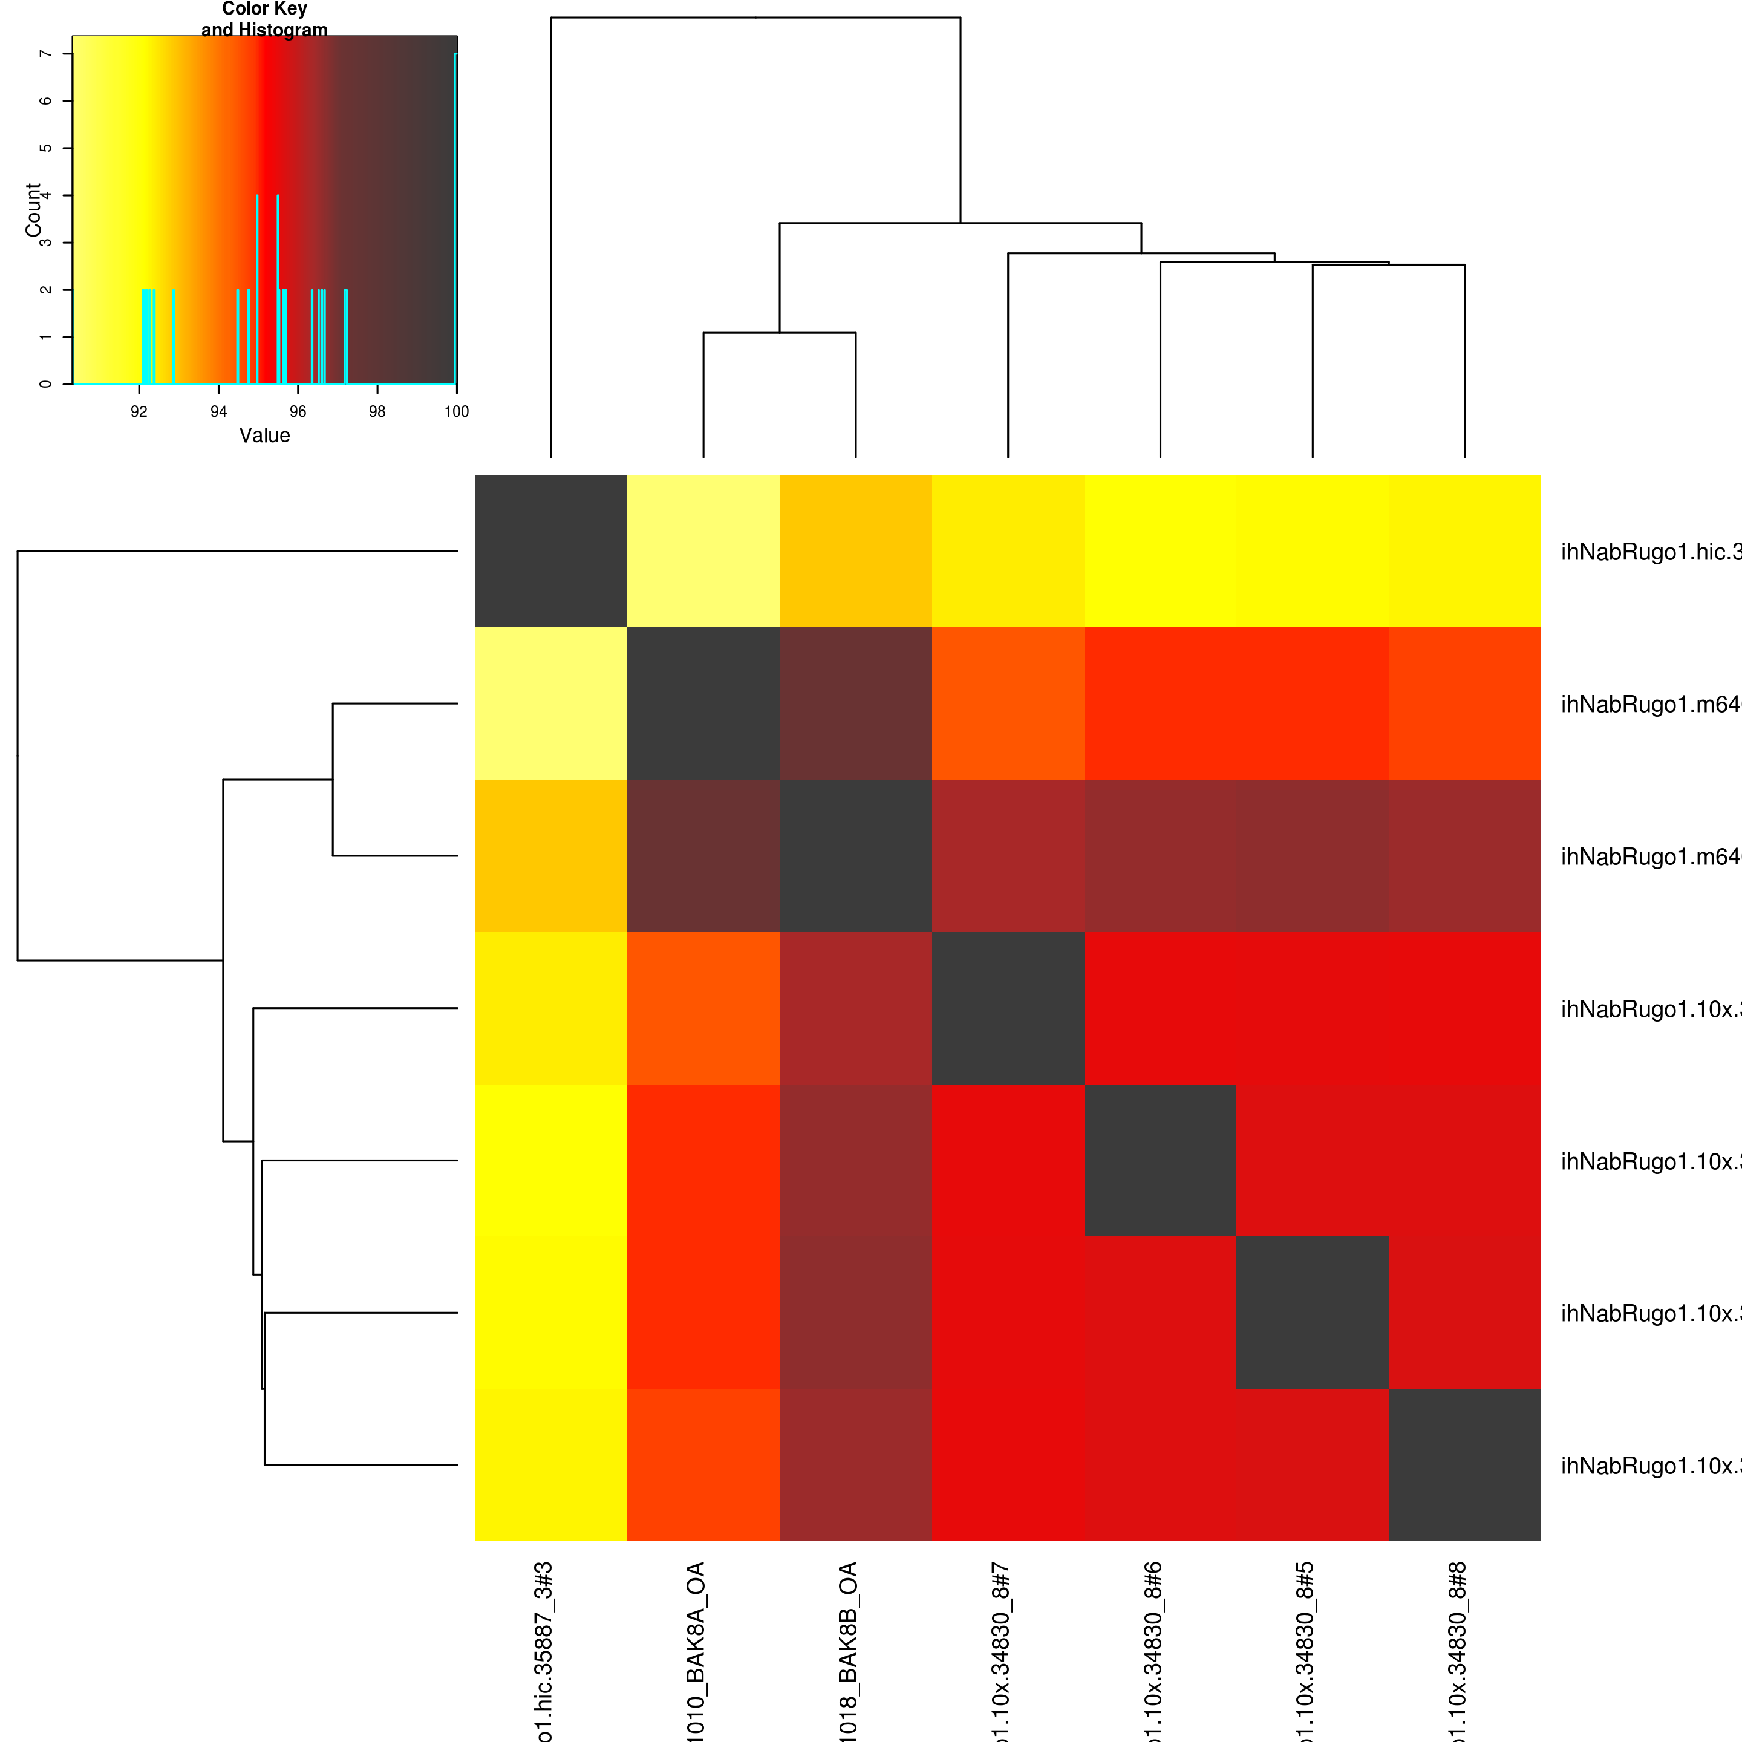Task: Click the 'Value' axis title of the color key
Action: (x=264, y=435)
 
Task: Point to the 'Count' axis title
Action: (x=33, y=209)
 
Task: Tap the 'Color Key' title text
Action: (x=264, y=9)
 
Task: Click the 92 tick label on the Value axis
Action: (x=139, y=412)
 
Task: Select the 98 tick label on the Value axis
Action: (x=377, y=412)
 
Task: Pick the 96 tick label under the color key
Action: (x=298, y=412)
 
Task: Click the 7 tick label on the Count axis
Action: (x=45, y=54)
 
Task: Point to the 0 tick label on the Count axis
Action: (x=45, y=384)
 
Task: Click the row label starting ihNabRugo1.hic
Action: (x=1650, y=552)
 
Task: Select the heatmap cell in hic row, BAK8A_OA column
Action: (x=703, y=551)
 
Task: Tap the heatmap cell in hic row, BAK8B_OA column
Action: (x=856, y=551)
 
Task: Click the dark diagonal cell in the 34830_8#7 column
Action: (x=1008, y=1008)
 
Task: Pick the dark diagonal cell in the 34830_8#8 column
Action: (x=1464, y=1464)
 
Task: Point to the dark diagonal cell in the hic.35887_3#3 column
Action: (x=551, y=551)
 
